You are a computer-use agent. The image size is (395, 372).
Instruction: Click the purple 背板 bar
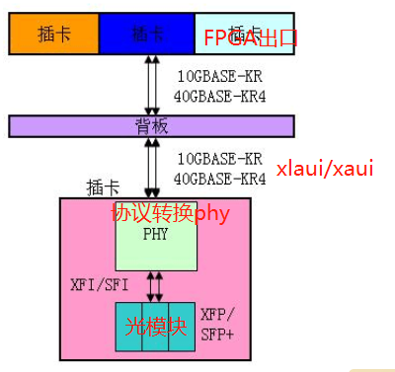point(151,125)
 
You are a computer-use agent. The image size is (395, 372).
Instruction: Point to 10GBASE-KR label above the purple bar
point(219,76)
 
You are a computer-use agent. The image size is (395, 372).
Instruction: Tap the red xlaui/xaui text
point(325,168)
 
